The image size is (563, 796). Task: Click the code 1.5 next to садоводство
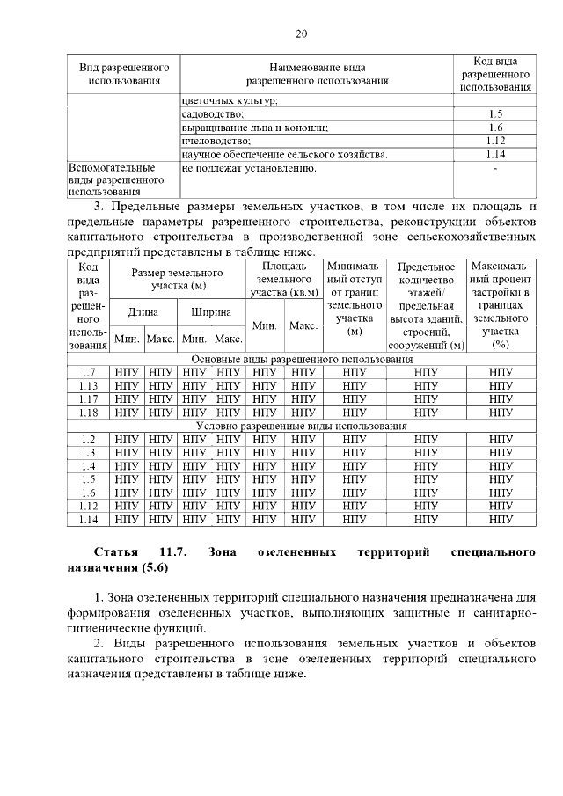494,114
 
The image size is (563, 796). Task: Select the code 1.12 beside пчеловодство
494,141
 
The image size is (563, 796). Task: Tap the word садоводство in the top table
213,114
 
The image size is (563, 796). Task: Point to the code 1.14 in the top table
494,154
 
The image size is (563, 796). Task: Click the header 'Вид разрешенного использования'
124,74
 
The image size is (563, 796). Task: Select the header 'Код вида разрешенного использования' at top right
494,74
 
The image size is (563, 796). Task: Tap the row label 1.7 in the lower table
87,372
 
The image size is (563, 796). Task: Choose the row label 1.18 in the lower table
87,412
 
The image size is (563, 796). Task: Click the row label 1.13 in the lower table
87,385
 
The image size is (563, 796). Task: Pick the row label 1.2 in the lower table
87,439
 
